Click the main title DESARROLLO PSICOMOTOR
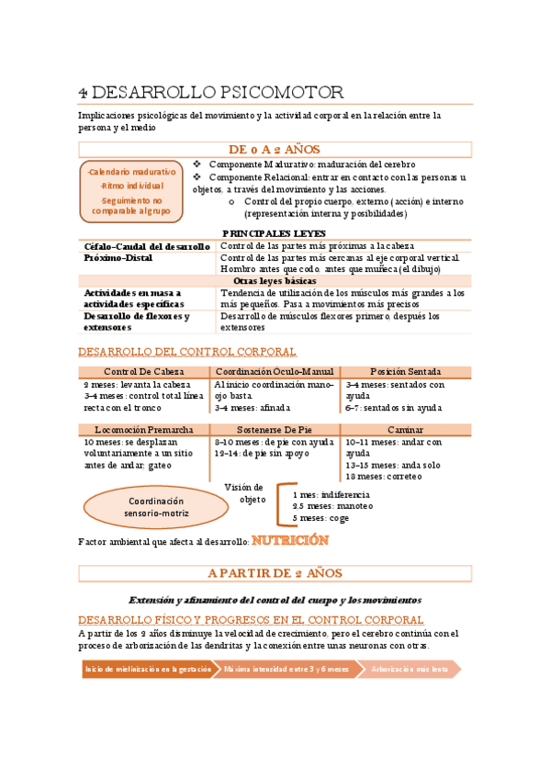211,92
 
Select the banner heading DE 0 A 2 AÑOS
275,149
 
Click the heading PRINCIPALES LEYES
275,233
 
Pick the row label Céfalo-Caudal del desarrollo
147,246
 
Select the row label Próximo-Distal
119,258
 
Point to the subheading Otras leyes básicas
275,280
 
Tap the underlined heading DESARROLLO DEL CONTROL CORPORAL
187,352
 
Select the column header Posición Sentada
405,371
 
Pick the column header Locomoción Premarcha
144,429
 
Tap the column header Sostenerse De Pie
275,429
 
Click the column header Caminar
405,429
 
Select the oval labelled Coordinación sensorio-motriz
155,507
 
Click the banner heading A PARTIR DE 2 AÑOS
275,573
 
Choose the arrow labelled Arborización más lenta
410,670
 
